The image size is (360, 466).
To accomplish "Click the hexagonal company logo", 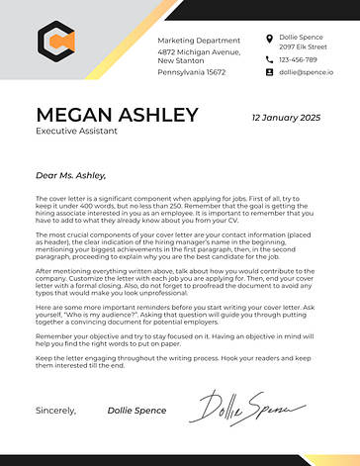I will point(56,41).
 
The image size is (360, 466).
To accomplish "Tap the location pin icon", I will point(269,39).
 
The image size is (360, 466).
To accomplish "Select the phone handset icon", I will point(269,59).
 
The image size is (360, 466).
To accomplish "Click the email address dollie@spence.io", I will point(306,72).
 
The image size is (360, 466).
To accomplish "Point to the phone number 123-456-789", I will point(299,59).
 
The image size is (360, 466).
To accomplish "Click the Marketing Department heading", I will point(199,39).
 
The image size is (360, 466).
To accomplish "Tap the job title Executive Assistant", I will point(76,131).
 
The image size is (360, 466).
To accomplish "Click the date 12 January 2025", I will point(286,117).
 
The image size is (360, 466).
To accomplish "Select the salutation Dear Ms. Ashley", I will point(69,175).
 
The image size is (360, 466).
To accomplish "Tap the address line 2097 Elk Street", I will point(302,47).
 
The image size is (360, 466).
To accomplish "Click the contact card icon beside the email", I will point(269,72).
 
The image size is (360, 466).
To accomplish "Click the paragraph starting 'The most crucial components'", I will point(178,244).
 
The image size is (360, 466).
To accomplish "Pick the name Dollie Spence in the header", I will point(301,37).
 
